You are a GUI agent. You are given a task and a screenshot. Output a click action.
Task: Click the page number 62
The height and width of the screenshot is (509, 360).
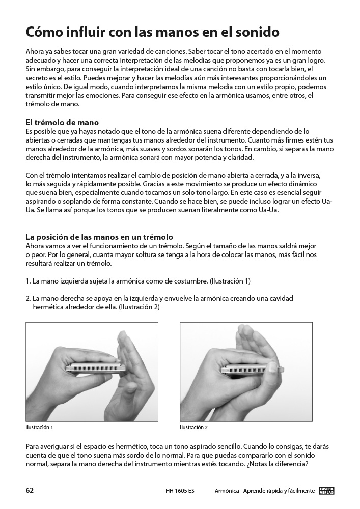click(x=30, y=491)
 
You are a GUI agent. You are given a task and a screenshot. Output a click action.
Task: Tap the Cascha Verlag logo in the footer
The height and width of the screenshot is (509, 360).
click(x=327, y=491)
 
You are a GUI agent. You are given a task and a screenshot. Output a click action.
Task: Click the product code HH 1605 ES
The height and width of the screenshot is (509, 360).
click(x=180, y=491)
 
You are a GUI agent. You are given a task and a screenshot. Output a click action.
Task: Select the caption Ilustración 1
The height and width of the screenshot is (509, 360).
click(x=39, y=427)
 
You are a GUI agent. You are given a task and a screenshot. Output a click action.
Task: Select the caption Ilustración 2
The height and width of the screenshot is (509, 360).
click(x=194, y=427)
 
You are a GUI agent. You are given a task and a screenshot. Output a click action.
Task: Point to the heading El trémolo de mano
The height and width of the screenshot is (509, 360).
click(x=62, y=123)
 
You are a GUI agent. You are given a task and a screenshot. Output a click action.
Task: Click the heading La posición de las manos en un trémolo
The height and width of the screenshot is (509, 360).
click(x=99, y=237)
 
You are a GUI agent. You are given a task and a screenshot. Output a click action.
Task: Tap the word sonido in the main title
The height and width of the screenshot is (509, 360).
click(x=256, y=33)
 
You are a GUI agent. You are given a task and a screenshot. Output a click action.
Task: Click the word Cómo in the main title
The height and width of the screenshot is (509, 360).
click(x=43, y=33)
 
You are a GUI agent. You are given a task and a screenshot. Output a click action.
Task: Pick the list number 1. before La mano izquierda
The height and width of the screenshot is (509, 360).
click(x=28, y=281)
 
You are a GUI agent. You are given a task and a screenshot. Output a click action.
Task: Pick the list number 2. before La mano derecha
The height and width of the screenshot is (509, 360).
click(x=28, y=298)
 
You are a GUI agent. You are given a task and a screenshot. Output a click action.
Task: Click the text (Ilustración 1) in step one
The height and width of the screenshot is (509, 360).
click(x=230, y=281)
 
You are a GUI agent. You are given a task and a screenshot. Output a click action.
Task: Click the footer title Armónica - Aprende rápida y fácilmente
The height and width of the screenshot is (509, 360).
click(x=265, y=491)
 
